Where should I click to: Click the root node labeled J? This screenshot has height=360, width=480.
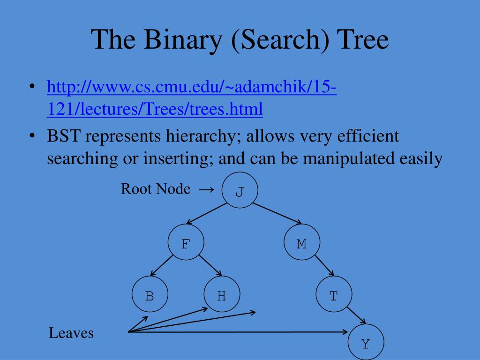click(x=240, y=190)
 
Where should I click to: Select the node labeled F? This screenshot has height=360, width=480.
click(x=186, y=243)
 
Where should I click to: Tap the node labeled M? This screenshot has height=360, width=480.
click(x=302, y=243)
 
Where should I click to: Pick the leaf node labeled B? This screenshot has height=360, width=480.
click(x=150, y=295)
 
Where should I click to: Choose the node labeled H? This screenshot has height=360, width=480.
click(x=222, y=295)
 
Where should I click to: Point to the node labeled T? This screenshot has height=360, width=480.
click(x=333, y=295)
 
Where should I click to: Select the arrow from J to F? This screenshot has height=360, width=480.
click(x=206, y=213)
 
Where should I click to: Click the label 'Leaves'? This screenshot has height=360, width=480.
click(x=71, y=333)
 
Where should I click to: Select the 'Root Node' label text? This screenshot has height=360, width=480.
click(x=156, y=189)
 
